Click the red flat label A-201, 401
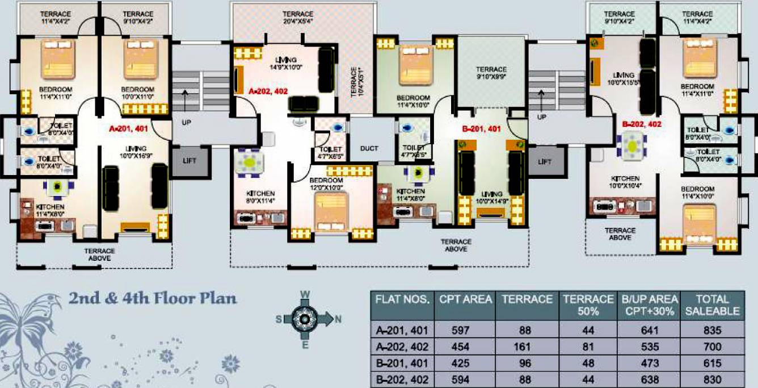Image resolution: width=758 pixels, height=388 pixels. (x=128, y=129)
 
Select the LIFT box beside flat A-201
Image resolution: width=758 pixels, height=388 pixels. (x=189, y=161)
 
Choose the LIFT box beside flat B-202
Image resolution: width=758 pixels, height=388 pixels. (x=544, y=161)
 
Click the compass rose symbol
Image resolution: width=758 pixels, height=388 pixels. (x=305, y=319)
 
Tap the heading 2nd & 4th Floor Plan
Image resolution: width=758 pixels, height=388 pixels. (x=153, y=298)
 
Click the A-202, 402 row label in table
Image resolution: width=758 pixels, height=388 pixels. (x=402, y=347)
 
